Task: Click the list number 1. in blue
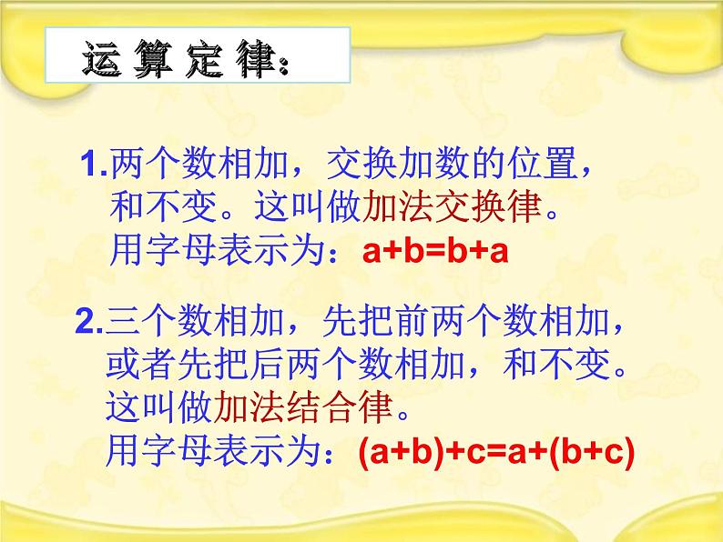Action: pyautogui.click(x=94, y=166)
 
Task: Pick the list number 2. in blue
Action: pyautogui.click(x=91, y=323)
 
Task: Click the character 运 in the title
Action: pyautogui.click(x=103, y=59)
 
